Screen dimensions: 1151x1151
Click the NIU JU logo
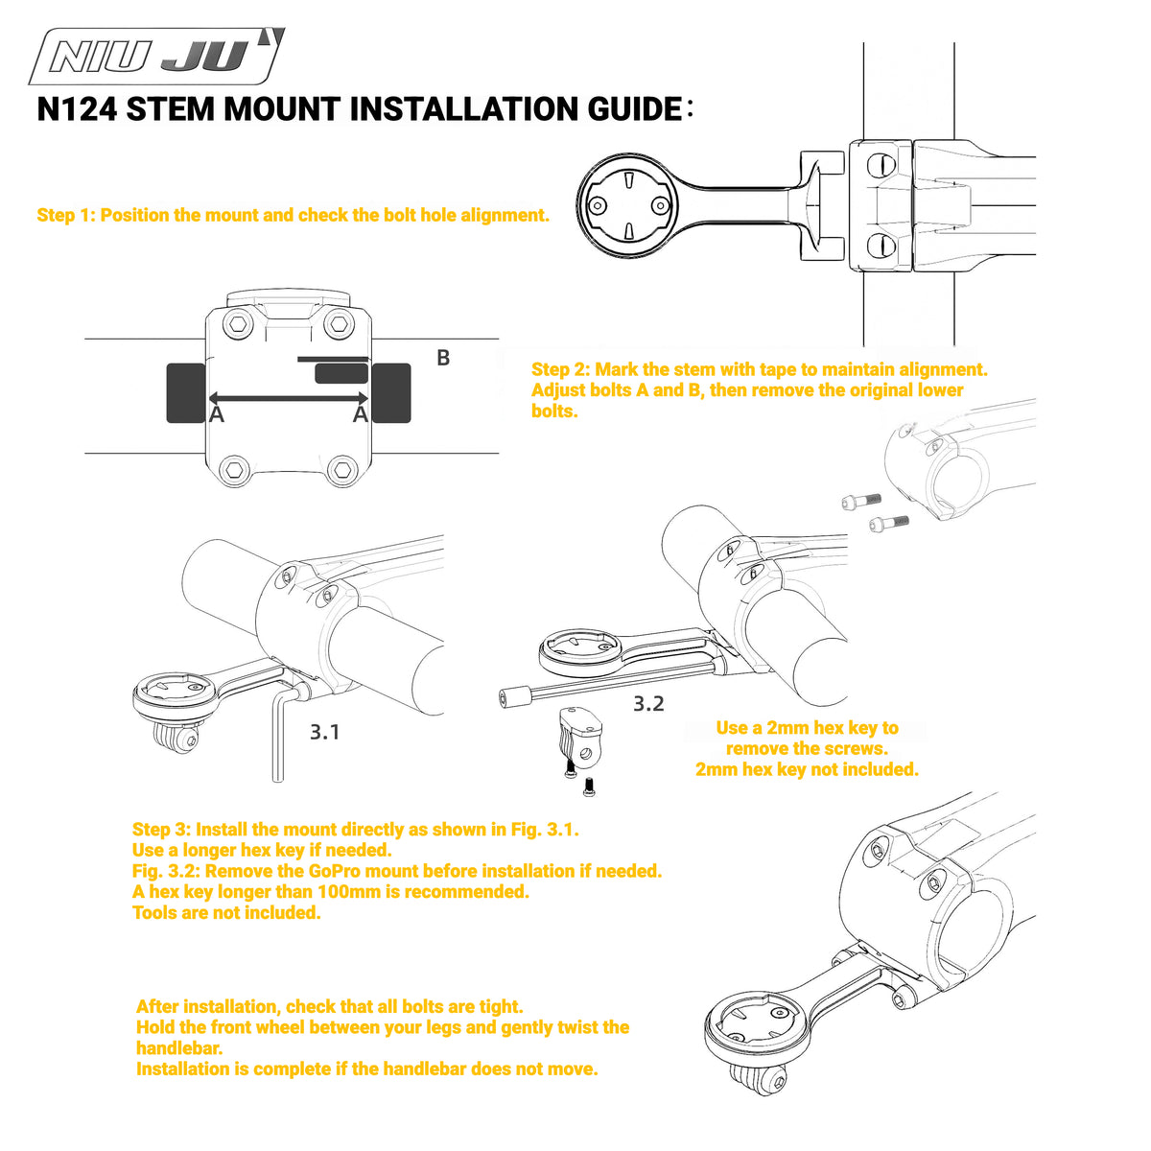[156, 57]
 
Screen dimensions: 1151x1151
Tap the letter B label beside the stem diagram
[442, 358]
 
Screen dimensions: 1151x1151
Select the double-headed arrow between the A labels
[288, 398]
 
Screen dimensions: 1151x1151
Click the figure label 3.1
[324, 732]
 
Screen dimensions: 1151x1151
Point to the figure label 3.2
[648, 704]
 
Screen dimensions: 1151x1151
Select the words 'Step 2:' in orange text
[560, 369]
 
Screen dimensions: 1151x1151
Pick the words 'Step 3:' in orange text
[161, 830]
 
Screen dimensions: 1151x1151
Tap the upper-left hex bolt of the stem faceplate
[238, 324]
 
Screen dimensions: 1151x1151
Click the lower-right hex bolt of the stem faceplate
[342, 469]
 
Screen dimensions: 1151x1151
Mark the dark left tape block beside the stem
[186, 393]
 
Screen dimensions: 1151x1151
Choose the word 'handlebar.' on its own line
[179, 1048]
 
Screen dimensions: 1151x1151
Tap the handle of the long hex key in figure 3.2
[514, 697]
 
